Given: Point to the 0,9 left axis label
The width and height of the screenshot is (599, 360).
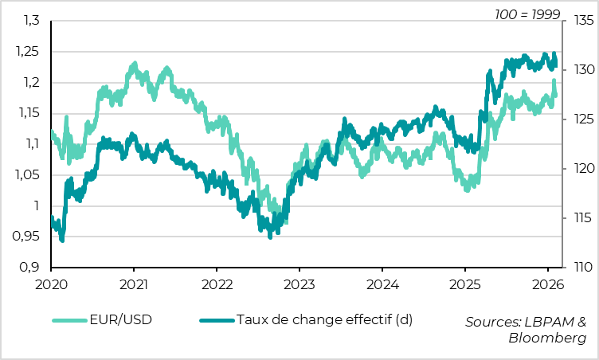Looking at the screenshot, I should pos(30,267).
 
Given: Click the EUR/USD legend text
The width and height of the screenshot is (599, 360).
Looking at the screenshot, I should pos(124,321).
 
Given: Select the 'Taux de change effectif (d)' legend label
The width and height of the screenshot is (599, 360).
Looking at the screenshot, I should pos(324,321).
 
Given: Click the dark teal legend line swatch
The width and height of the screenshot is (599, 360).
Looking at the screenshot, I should pos(216,321).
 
